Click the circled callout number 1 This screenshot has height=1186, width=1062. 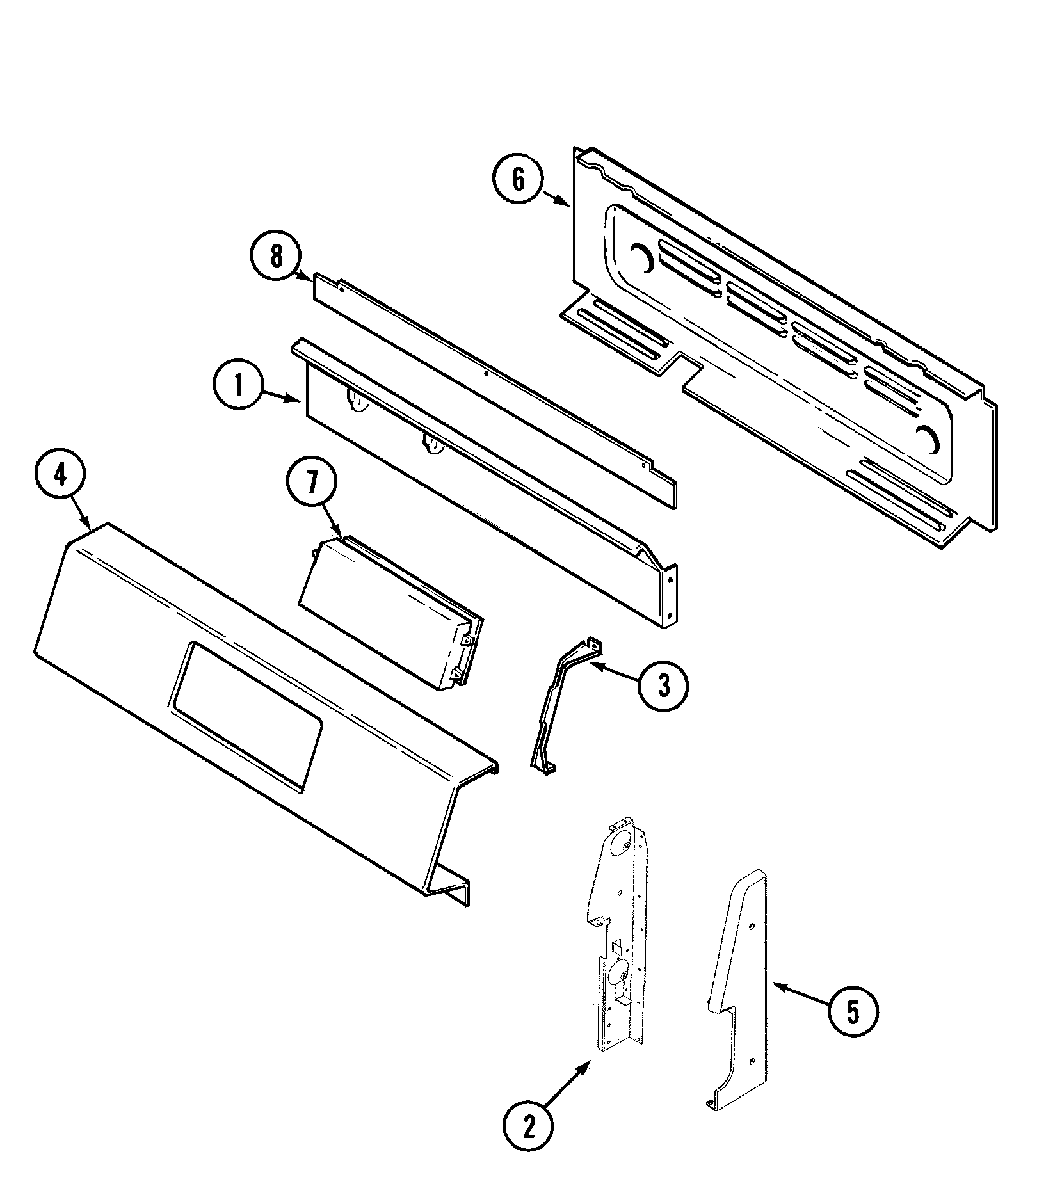pos(238,387)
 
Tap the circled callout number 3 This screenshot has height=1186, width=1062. pos(663,686)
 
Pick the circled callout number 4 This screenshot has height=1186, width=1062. pos(60,477)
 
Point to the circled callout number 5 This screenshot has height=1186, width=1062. pos(853,1011)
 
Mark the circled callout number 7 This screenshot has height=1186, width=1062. pos(312,483)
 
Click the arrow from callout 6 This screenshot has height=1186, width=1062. pos(556,198)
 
